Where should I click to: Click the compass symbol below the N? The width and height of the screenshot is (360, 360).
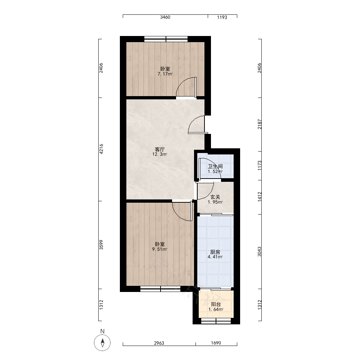coord(102,343)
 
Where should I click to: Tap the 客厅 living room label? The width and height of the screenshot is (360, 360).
coord(160,149)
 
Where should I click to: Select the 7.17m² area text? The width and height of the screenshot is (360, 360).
coord(165,74)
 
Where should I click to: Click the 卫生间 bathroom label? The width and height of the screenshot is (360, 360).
coord(215,166)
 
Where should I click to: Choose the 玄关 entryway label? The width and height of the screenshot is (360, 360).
coord(215,197)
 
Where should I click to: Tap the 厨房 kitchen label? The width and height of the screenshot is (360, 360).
coord(215,252)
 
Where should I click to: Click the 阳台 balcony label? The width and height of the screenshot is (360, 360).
coord(216,304)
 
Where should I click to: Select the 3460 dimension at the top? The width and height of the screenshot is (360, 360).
coord(165,17)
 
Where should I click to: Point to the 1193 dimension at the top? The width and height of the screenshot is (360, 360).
coord(222,17)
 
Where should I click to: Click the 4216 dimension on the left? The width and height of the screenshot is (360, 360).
coord(101,149)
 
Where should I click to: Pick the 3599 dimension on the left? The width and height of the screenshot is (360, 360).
coord(101,245)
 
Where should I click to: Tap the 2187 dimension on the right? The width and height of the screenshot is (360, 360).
coord(260,124)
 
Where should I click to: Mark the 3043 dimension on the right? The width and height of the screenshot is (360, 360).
coord(260,251)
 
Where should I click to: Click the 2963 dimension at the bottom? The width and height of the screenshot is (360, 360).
coord(159,343)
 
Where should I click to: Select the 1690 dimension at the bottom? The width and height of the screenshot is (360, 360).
coord(216,343)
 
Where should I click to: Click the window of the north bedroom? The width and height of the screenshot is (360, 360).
coord(166,39)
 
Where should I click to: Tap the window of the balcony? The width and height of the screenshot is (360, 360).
coord(216,321)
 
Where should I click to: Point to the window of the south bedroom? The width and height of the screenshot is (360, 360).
coord(161,289)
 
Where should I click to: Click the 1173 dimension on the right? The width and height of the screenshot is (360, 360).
coord(260,165)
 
